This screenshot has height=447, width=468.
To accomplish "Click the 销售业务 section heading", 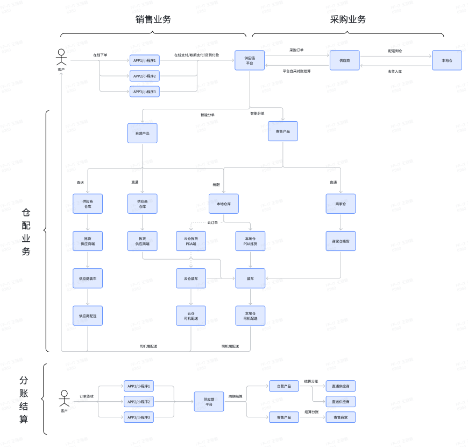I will click(153, 19).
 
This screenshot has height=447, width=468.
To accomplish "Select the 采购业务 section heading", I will click(348, 19).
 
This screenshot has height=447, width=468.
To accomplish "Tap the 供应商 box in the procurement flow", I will click(344, 60).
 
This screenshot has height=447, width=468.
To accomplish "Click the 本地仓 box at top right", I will click(446, 60).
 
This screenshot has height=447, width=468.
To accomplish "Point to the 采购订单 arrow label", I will click(296, 50).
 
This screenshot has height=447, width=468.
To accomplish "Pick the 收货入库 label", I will click(395, 71).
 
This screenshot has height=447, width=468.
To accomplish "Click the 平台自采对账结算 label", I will click(296, 71).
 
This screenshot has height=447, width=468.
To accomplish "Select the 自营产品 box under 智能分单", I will click(143, 133).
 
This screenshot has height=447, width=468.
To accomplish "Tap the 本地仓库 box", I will click(223, 204).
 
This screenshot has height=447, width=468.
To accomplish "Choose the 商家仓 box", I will click(341, 204).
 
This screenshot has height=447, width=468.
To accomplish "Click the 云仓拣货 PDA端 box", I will click(191, 241).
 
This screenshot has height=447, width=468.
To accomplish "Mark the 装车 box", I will click(250, 278).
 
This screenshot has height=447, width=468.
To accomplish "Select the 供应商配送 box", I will click(88, 316).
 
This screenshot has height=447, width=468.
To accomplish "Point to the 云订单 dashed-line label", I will click(212, 222).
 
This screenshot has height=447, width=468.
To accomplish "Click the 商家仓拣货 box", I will click(341, 241).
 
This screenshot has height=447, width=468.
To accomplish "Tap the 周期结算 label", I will click(235, 396).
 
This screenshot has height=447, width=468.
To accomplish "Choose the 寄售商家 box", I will click(341, 417).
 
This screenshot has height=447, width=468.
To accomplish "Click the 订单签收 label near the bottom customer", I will click(87, 396).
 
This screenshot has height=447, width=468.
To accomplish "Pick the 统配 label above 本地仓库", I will click(216, 185).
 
